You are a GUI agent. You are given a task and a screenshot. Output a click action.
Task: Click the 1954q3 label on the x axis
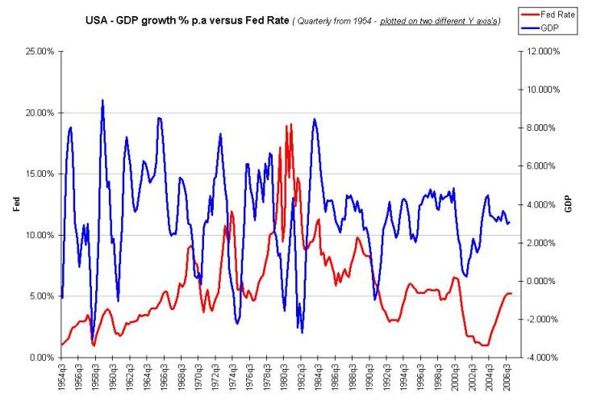pos(62,379)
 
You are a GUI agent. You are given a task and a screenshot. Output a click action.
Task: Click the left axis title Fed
pos(16,205)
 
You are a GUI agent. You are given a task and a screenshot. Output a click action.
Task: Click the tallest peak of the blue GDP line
pos(102,101)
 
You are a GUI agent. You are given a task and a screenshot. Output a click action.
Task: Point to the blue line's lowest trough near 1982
pos(302,332)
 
